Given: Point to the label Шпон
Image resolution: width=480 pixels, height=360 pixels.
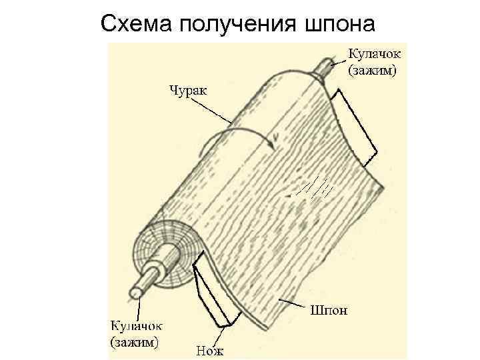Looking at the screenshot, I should click(328, 310).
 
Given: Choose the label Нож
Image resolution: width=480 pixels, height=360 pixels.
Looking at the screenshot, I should click(212, 348).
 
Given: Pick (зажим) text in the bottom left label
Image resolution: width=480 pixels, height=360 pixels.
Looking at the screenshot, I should click(135, 343).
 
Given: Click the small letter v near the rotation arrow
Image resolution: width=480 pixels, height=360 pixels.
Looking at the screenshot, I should click(274, 140).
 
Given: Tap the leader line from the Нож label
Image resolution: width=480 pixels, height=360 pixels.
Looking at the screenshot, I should click(221, 333).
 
